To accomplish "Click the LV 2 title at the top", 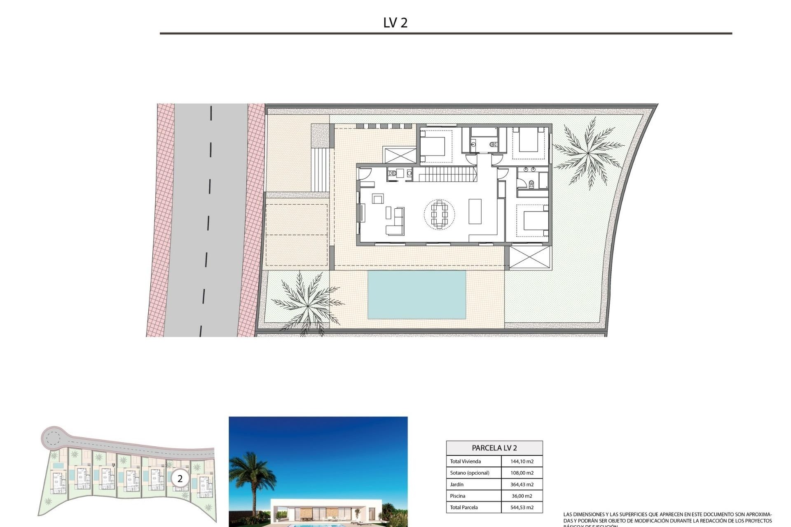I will click(x=395, y=23).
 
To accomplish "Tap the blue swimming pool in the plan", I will click(x=417, y=294).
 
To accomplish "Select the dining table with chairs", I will click(x=440, y=214).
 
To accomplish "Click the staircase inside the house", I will click(x=445, y=174).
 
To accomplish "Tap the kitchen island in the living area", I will click(x=475, y=211).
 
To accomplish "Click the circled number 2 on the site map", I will click(x=180, y=479).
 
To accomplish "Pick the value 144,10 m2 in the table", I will click(x=522, y=462).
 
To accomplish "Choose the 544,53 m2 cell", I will click(x=522, y=508).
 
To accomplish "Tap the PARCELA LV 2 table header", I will click(x=494, y=448).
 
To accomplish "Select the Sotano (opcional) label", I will click(x=469, y=473).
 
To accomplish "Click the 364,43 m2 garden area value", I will click(x=522, y=485).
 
